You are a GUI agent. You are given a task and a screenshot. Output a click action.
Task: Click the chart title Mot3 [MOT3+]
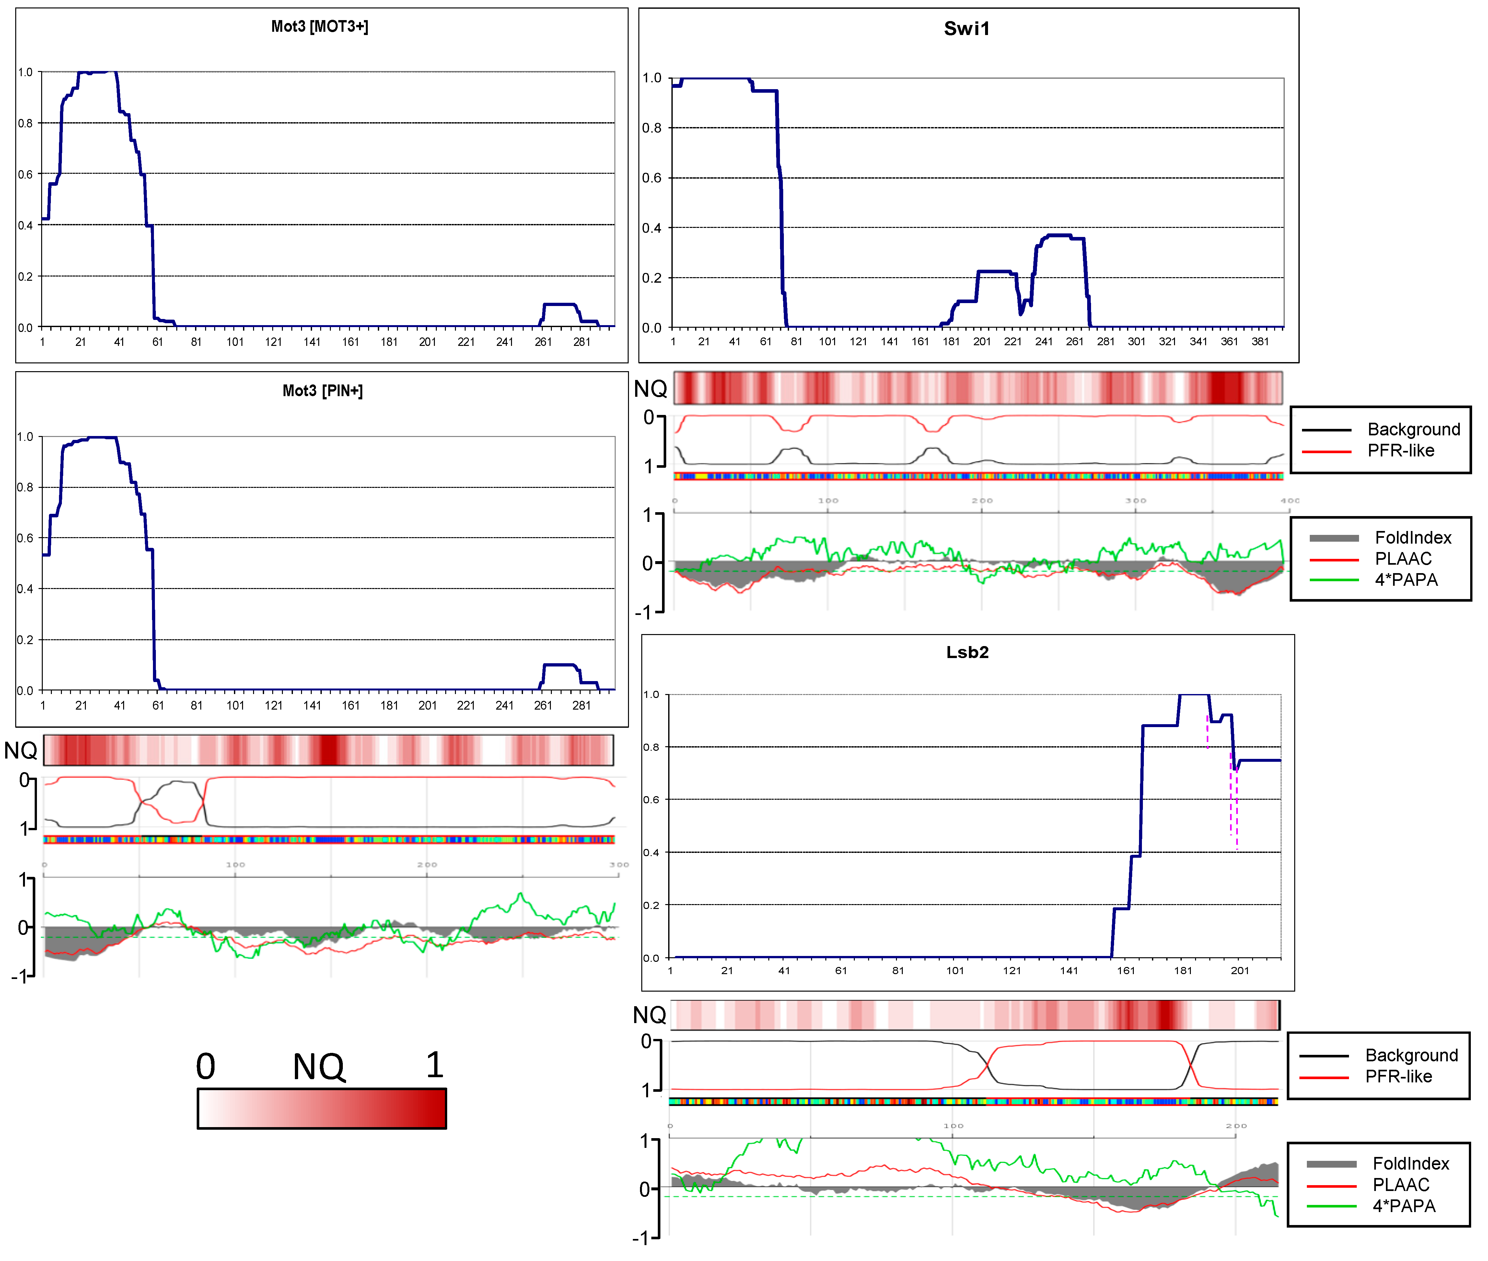click(320, 27)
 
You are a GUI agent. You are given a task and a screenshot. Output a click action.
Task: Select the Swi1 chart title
click(966, 29)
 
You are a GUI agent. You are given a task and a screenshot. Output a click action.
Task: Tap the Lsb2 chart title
click(967, 652)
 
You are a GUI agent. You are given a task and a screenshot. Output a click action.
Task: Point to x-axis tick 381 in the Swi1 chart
click(1260, 342)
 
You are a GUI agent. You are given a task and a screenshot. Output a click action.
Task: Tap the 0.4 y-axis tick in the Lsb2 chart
click(651, 852)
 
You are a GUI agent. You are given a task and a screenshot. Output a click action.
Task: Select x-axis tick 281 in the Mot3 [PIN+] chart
click(581, 706)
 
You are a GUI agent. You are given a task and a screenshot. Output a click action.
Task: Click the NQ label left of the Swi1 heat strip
click(650, 389)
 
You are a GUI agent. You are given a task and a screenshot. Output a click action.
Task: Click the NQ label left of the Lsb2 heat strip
click(649, 1015)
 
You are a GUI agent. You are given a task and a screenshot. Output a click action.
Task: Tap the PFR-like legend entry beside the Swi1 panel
click(1400, 450)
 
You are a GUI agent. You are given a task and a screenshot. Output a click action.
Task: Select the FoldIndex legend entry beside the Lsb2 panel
click(1410, 1164)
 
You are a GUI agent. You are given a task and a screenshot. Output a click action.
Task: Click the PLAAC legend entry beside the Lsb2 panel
click(1401, 1185)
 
